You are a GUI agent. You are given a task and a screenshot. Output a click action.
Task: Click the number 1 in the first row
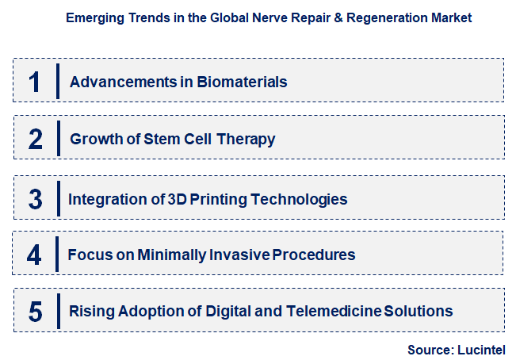tap(34, 82)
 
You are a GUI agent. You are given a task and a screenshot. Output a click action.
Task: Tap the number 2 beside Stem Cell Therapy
tap(35, 140)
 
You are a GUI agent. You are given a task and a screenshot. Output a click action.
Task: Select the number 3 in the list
tap(35, 198)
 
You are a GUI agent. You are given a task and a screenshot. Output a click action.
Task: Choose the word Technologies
tap(299, 198)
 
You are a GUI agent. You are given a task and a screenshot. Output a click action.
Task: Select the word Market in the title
tap(451, 17)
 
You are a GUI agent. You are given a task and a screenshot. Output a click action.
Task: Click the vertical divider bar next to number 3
tap(58, 198)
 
